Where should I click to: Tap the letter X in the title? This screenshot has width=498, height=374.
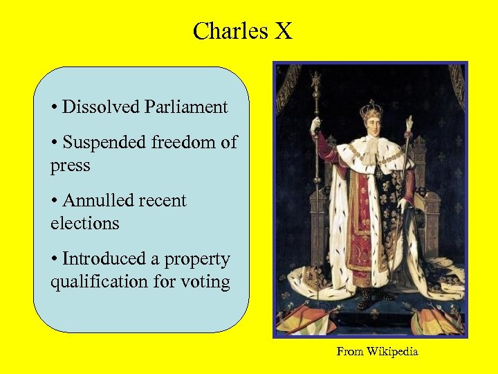(x=284, y=31)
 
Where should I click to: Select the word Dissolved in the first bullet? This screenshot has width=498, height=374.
(x=100, y=107)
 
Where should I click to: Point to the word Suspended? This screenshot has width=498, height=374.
(x=104, y=143)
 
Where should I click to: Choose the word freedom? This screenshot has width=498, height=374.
(x=185, y=143)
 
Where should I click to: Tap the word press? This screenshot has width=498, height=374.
(x=70, y=166)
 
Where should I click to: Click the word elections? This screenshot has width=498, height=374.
(x=84, y=224)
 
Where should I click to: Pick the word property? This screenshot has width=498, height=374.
(x=198, y=260)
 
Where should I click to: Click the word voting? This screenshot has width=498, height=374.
(x=205, y=283)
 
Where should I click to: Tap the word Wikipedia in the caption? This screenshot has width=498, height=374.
(x=392, y=352)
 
